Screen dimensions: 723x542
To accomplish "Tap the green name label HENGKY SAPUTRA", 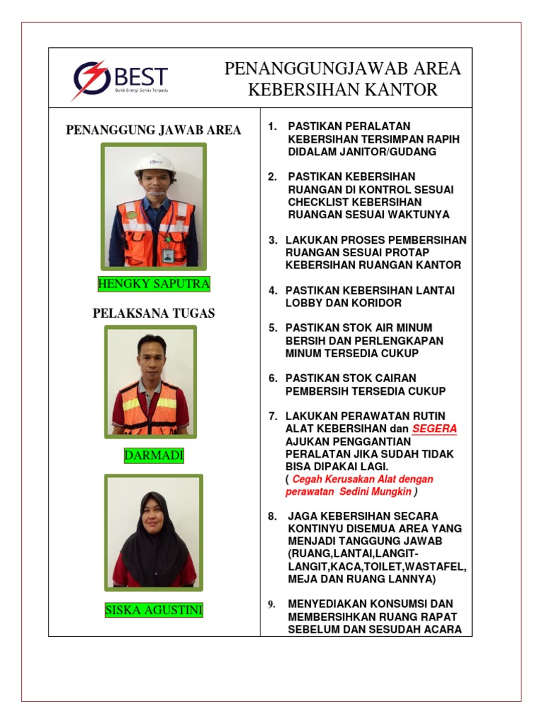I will pos(154,285).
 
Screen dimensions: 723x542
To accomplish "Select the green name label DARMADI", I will pos(154,455).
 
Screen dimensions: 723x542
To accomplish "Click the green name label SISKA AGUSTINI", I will pos(154,609).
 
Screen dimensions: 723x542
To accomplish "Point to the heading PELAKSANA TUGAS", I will pos(154,313).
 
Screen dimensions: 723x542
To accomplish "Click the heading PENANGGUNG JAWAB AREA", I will pos(154,130).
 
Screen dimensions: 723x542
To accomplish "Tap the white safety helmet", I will pos(155,163).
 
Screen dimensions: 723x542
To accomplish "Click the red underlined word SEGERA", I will pos(435,429).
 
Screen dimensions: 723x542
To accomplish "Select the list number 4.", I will pos(272,290).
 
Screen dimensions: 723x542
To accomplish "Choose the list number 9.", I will pos(271,604).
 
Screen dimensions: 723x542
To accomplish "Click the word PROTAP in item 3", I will pos(406,252).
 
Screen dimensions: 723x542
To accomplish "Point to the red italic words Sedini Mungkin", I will pos(375,491).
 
